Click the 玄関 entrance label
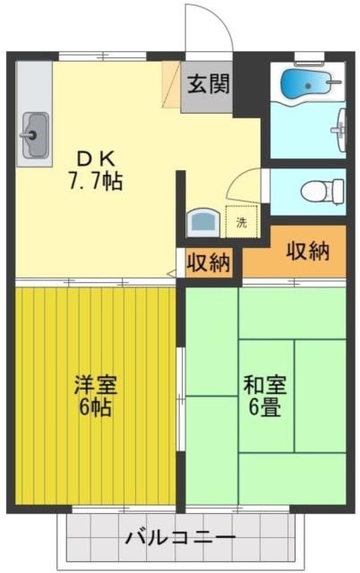tap(208, 85)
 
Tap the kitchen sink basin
tap(34, 134)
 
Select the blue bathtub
tap(305, 83)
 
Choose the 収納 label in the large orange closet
tap(307, 252)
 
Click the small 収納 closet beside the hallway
tap(208, 263)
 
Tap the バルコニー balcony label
tap(179, 539)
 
